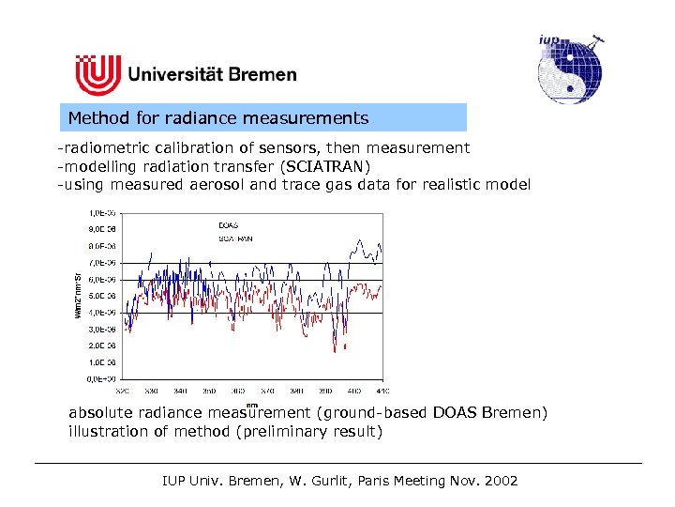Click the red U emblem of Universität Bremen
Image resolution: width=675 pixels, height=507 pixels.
[97, 74]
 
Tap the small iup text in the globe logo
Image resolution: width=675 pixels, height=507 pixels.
[550, 39]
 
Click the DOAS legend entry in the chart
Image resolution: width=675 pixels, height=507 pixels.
[228, 225]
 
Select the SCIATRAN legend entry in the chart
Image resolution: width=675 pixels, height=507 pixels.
[234, 239]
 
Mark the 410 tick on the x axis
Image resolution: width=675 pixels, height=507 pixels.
[381, 390]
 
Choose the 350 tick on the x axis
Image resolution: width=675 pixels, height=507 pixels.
[208, 390]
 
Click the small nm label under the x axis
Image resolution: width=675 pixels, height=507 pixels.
[251, 405]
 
